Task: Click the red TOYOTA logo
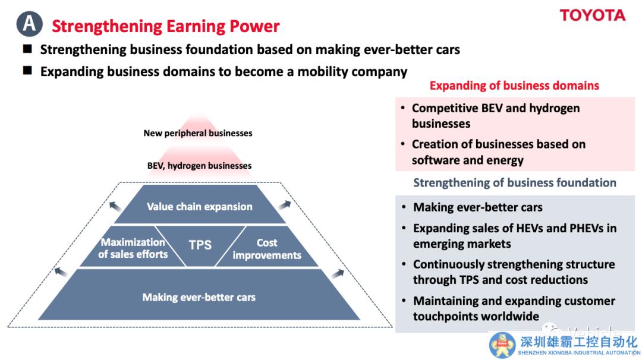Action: [x=593, y=15]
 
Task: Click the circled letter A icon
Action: [x=30, y=24]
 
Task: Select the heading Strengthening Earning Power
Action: [x=165, y=27]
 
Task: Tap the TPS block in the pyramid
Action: [x=200, y=245]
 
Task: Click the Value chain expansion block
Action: [x=200, y=206]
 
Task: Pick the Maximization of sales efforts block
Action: [x=133, y=248]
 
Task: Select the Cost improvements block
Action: [x=266, y=248]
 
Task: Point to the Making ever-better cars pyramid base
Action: [x=199, y=296]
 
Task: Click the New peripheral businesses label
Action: [x=198, y=133]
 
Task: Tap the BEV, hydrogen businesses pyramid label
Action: [x=199, y=166]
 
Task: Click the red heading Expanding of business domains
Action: [x=514, y=86]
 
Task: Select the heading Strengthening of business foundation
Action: [x=515, y=182]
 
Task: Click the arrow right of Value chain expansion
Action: [x=285, y=204]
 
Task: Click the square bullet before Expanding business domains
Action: [x=27, y=71]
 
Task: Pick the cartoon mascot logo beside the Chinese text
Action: [x=502, y=345]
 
